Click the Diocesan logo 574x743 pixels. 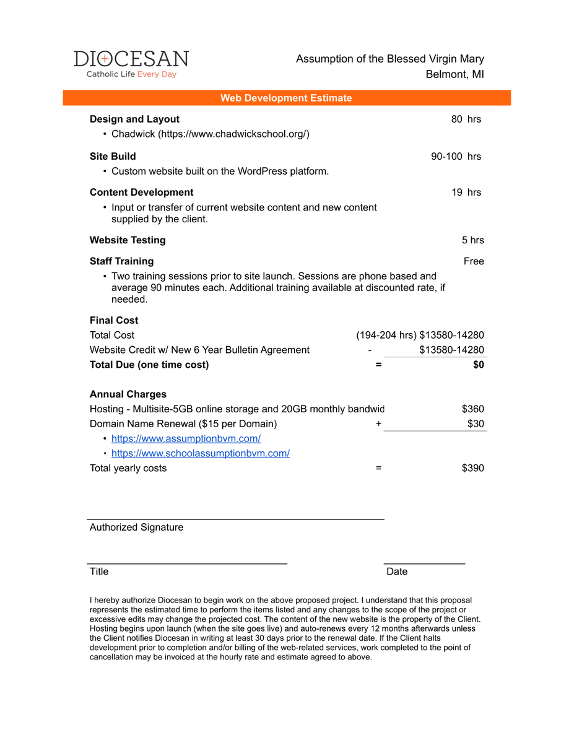pos(131,64)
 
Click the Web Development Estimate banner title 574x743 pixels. pos(286,98)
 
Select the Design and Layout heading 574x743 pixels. pos(134,119)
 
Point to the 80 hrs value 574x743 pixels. pos(466,119)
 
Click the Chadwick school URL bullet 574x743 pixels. pos(210,134)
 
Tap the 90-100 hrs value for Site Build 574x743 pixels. pos(456,156)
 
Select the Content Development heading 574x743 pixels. pos(141,192)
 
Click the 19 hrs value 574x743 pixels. pos(466,192)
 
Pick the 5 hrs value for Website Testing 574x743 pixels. pos(472,240)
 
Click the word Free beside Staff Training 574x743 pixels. pos(474,261)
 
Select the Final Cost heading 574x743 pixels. pos(114,320)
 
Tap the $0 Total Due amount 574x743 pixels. pos(478,365)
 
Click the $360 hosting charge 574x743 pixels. pos(472,409)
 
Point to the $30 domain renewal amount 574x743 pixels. pos(476,424)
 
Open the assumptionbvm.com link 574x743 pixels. pos(186,438)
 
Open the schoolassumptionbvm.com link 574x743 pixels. pos(201,453)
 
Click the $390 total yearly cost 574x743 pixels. pos(472,468)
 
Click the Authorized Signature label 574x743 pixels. pos(136,527)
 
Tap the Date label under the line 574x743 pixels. pos(397,571)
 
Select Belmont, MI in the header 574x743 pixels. pos(454,74)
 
